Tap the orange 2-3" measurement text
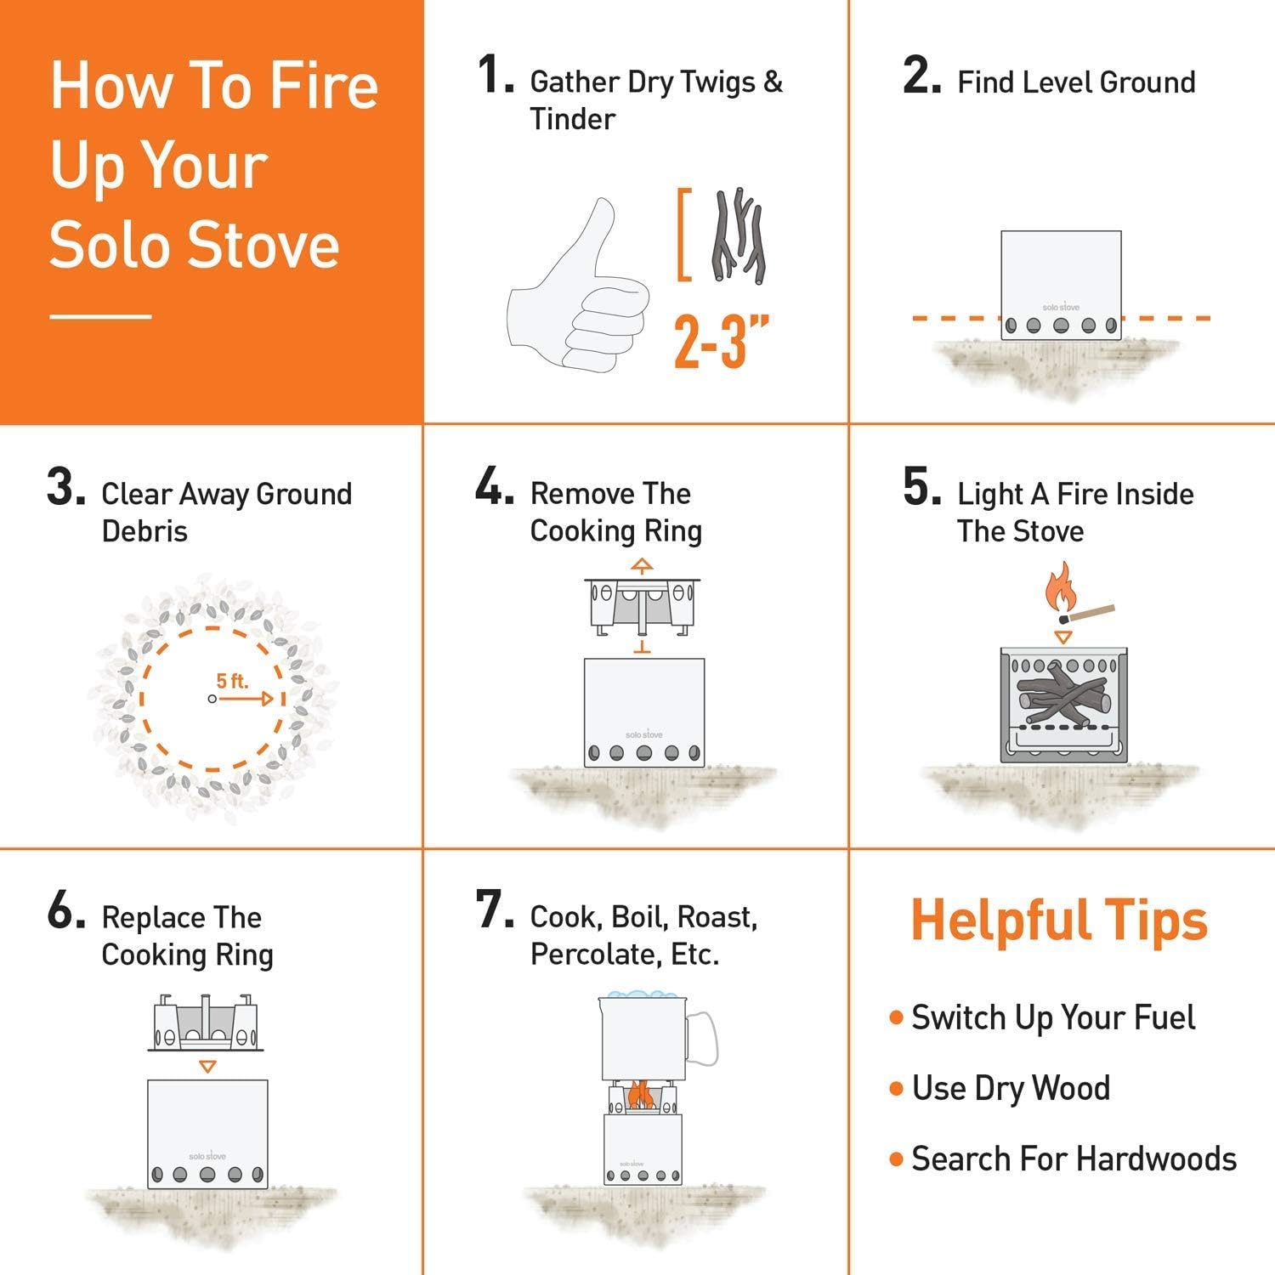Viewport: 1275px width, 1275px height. (x=722, y=342)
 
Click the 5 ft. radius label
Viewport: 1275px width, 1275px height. (x=232, y=681)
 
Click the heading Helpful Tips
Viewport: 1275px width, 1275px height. (x=1058, y=921)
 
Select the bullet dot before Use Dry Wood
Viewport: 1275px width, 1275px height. (x=895, y=1089)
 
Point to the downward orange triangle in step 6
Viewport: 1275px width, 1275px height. (x=207, y=1066)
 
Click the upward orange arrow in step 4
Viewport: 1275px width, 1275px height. (x=643, y=565)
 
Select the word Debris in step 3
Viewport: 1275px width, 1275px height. (x=144, y=531)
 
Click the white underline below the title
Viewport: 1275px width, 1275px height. (x=100, y=317)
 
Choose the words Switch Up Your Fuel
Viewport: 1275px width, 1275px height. (x=1053, y=1017)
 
